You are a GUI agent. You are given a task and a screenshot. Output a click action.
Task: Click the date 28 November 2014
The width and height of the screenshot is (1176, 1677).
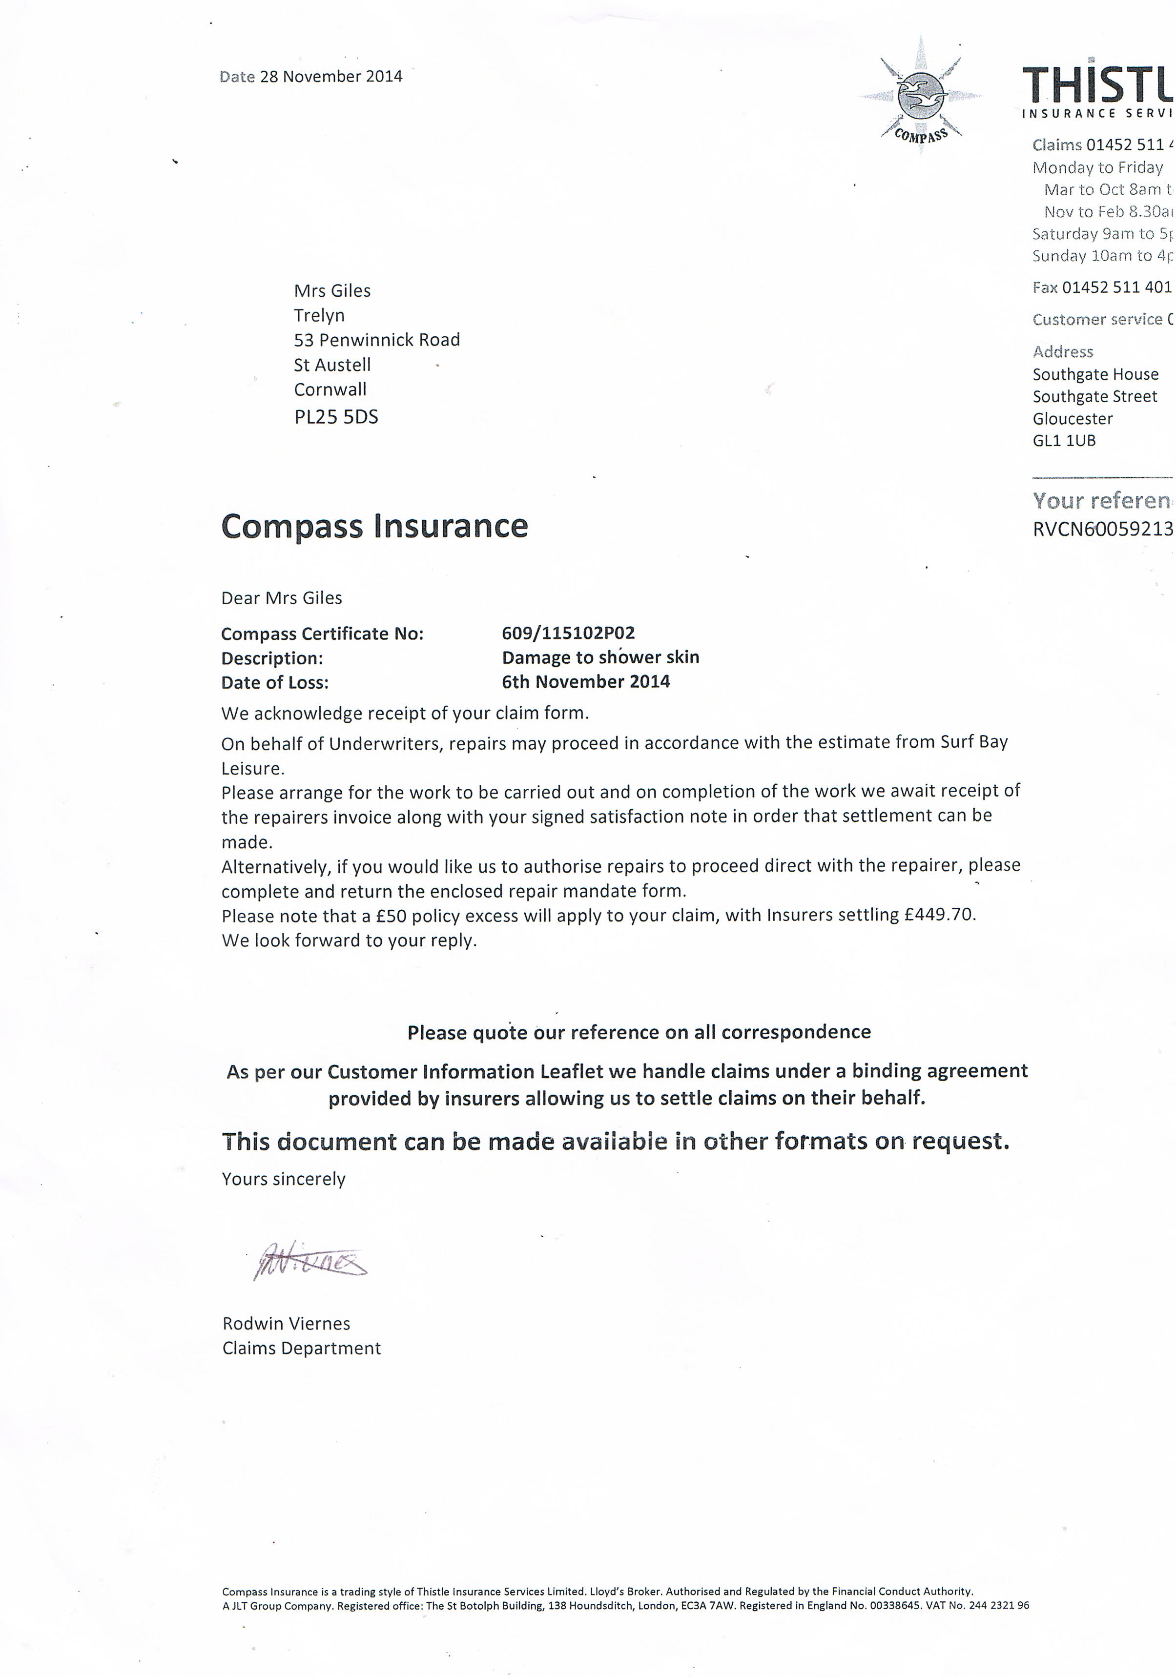click(x=331, y=77)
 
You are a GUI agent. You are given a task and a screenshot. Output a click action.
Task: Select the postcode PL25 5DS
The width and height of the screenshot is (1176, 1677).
click(x=336, y=417)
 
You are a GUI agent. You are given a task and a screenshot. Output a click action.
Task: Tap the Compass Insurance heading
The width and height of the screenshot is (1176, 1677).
click(x=374, y=526)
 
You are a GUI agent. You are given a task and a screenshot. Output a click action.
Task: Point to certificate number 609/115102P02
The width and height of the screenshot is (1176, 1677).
click(x=568, y=633)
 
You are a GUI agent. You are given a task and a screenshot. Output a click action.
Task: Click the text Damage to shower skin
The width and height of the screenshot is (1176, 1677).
click(x=600, y=657)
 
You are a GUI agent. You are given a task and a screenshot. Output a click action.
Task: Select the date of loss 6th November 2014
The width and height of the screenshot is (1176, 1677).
click(x=586, y=681)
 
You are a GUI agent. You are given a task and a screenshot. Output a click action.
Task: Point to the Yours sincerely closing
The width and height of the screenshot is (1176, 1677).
click(x=284, y=1179)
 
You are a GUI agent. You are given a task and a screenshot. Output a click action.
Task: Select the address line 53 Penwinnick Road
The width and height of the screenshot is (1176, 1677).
click(x=377, y=340)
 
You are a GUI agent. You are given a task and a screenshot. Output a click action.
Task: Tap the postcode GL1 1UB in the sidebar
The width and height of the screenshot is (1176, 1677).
click(x=1064, y=440)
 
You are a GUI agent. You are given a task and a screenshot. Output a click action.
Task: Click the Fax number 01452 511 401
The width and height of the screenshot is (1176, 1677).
click(x=1116, y=287)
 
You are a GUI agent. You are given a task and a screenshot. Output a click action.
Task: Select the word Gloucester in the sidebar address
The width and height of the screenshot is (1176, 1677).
click(x=1073, y=419)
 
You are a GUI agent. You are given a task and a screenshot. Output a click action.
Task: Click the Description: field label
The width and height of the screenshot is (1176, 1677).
click(x=272, y=658)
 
